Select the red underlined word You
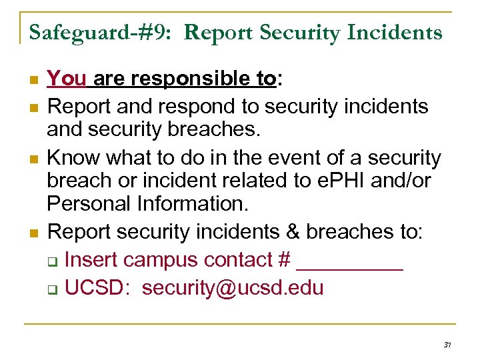[67, 79]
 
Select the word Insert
[93, 259]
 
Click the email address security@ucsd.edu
[233, 288]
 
